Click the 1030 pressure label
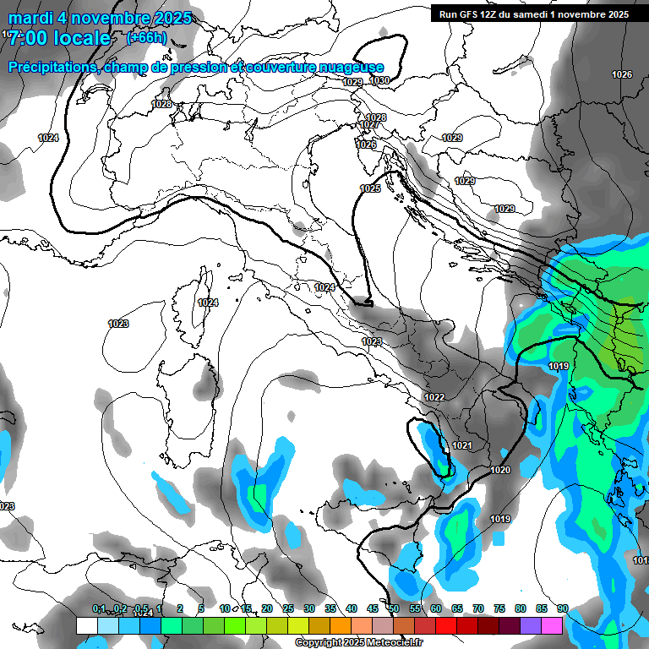(x=379, y=81)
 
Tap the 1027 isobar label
(x=369, y=125)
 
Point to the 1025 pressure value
(x=369, y=189)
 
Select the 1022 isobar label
(x=434, y=397)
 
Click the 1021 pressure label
(x=461, y=445)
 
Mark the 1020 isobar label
(x=500, y=470)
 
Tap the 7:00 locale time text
(x=59, y=39)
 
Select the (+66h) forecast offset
(x=146, y=38)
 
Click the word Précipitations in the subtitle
(x=51, y=68)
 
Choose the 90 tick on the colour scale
(x=562, y=609)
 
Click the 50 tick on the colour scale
(x=394, y=609)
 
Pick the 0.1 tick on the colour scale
(x=99, y=609)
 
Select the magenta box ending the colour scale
(x=552, y=625)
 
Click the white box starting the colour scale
(x=86, y=625)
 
